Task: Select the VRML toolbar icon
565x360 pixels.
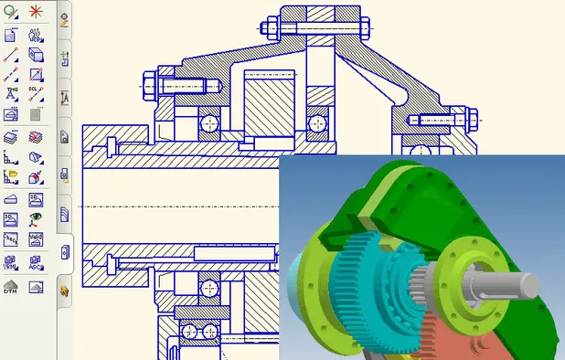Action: [x=12, y=262]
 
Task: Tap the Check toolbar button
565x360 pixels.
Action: [x=12, y=238]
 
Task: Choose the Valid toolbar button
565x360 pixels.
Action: [x=36, y=238]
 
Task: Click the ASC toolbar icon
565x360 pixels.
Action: [x=36, y=262]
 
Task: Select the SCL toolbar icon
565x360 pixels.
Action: [x=36, y=93]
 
